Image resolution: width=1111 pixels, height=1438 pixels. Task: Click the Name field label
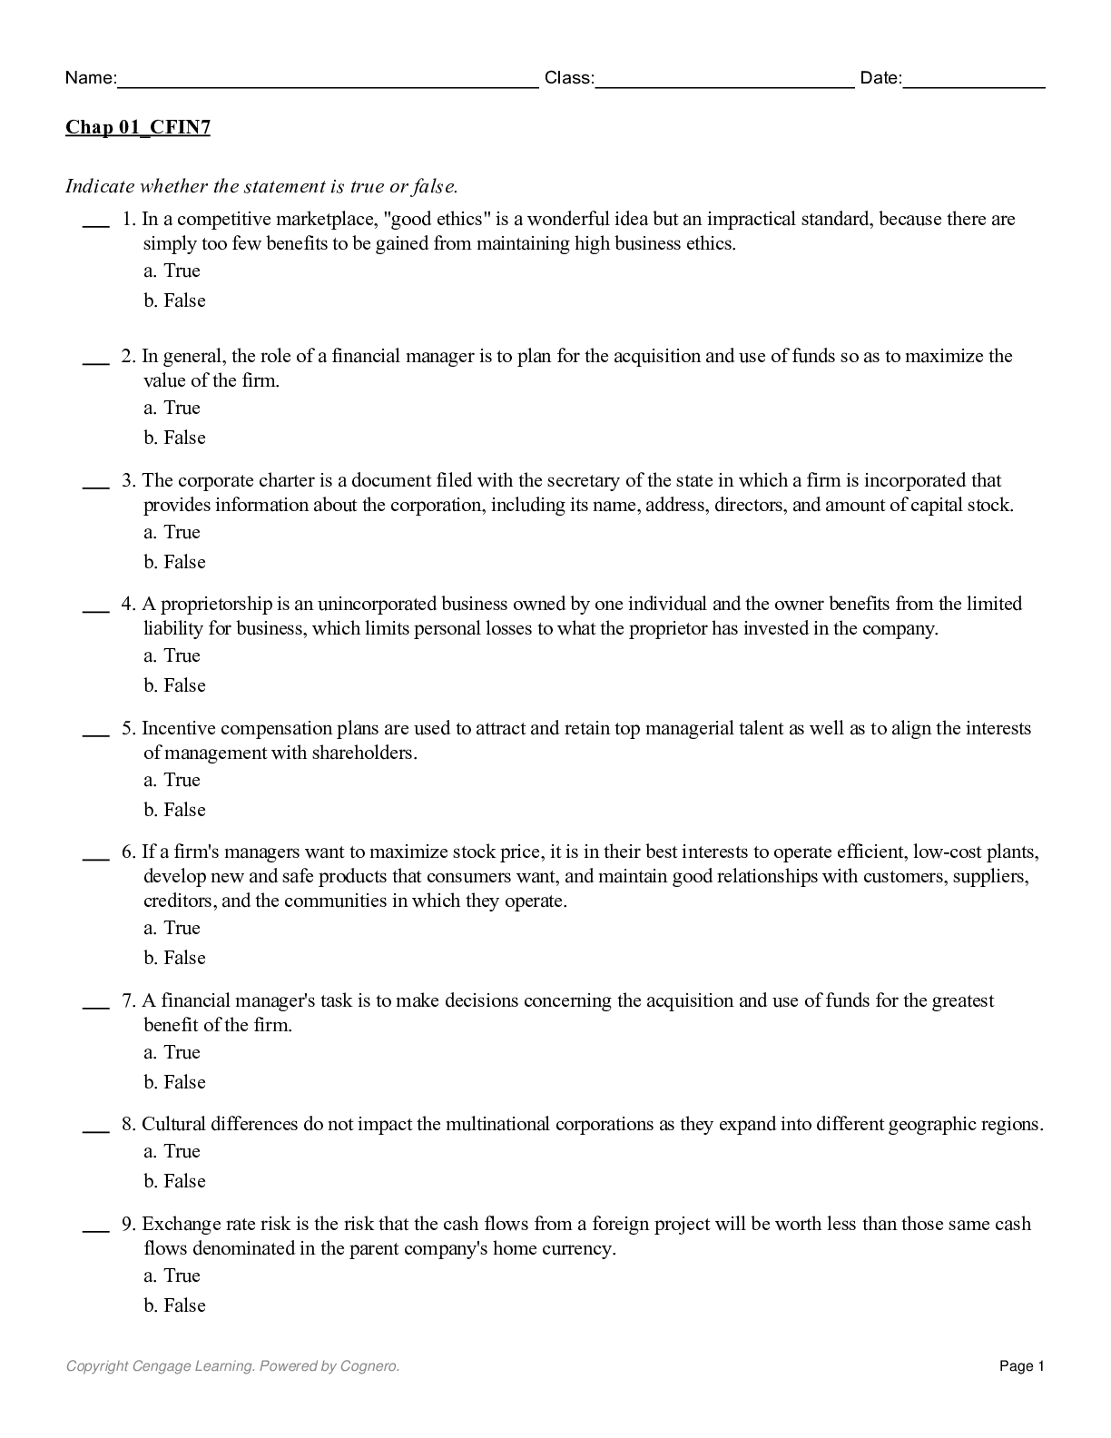[90, 78]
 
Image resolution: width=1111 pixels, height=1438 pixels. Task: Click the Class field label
[569, 78]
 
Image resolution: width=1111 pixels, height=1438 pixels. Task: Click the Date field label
[880, 78]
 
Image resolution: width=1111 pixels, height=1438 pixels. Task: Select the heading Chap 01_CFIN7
[138, 127]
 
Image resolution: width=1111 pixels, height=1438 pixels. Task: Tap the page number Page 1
[1022, 1365]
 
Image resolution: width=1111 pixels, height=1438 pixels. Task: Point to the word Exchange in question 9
[178, 1224]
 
